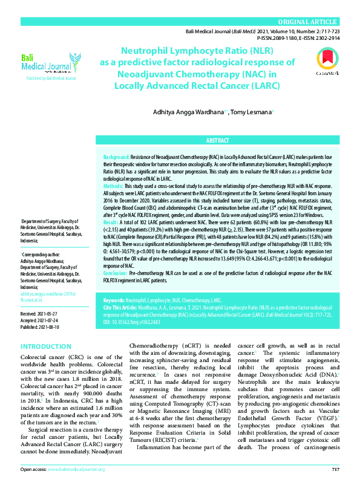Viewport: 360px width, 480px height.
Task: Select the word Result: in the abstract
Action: pos(113,223)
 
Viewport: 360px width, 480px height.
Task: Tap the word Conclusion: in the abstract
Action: pos(117,273)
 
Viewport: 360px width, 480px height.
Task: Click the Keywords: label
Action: pos(114,300)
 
